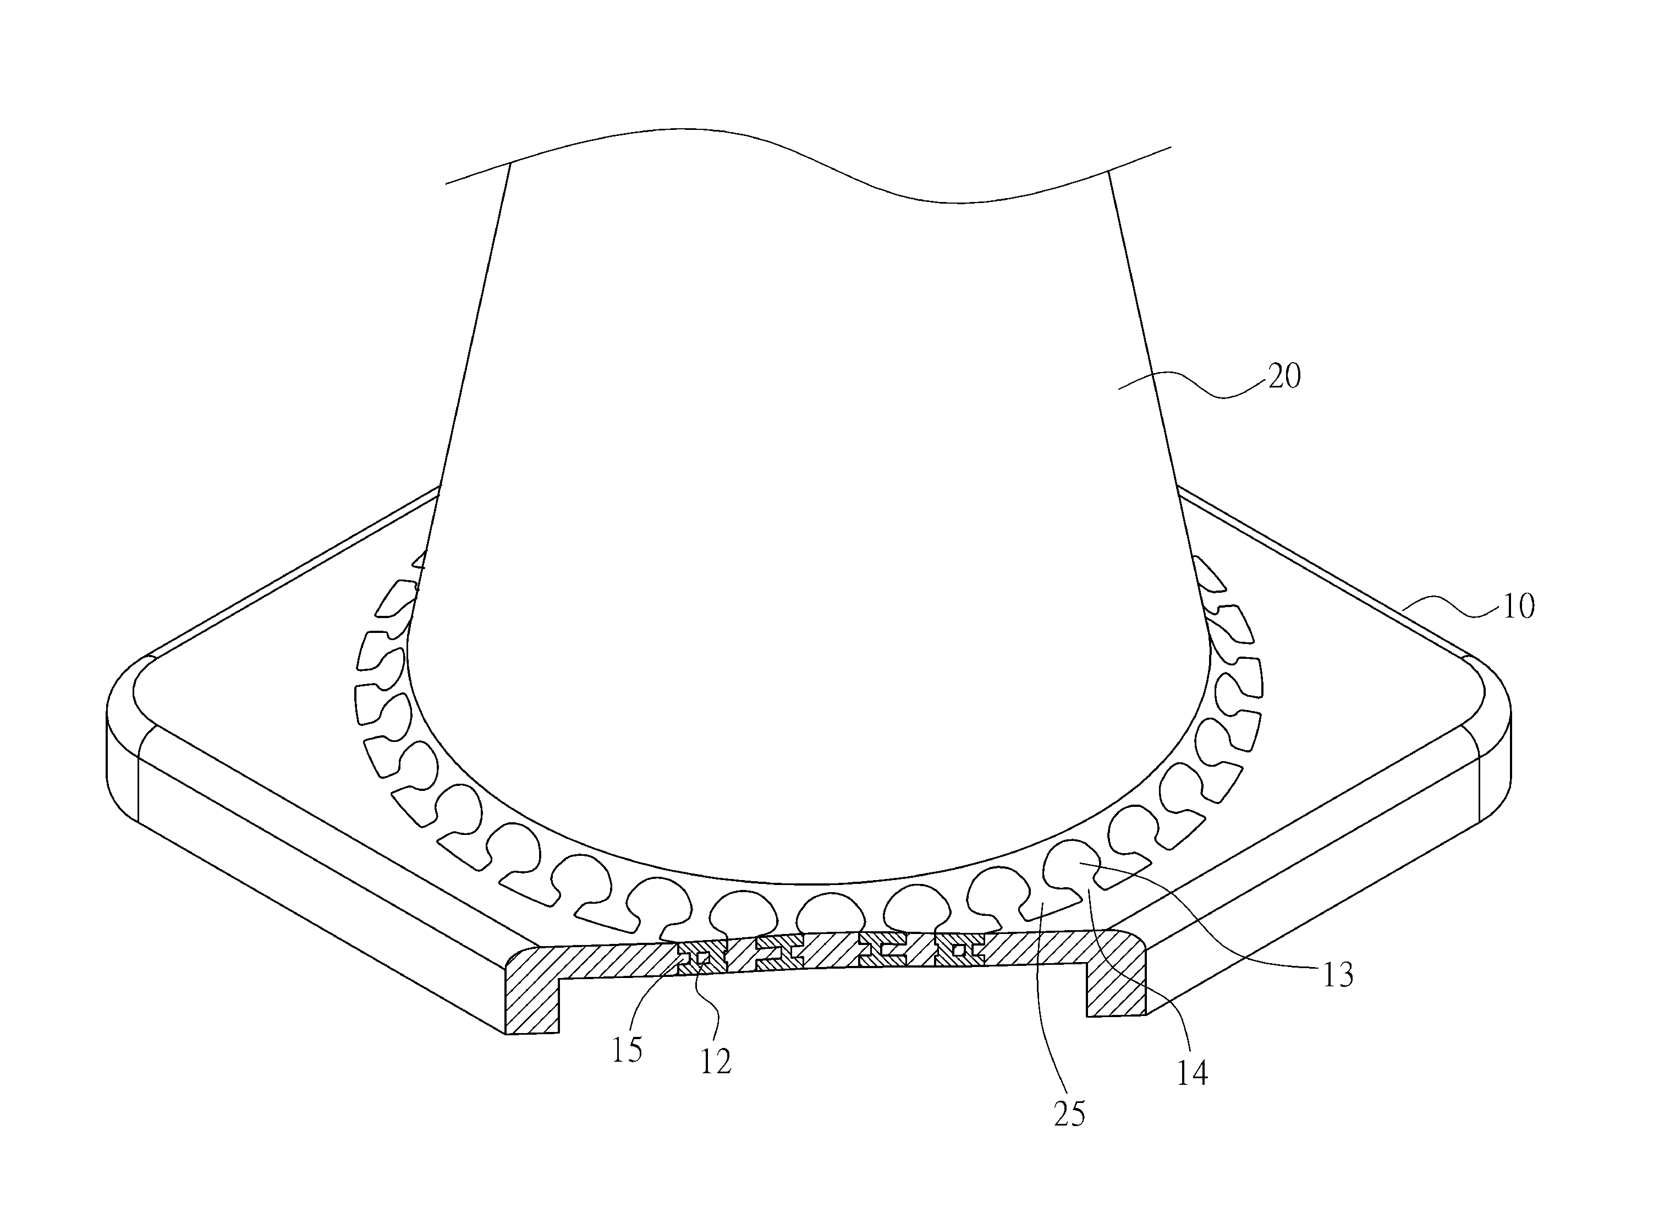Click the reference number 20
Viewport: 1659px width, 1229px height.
click(1284, 377)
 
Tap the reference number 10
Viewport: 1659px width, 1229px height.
click(1518, 607)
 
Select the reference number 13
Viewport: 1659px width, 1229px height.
click(1338, 975)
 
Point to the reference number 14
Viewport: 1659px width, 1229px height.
click(1192, 1073)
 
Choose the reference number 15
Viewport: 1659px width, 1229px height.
click(627, 1051)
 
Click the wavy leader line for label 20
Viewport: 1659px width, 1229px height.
click(1192, 385)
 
